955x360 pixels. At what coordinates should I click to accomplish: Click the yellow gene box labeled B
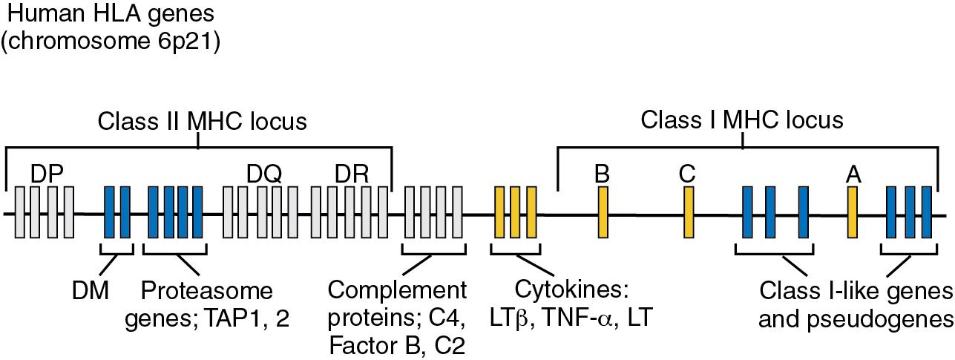(x=603, y=212)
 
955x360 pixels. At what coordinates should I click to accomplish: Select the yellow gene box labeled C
(x=689, y=212)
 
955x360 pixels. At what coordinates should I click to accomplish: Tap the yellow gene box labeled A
(x=853, y=212)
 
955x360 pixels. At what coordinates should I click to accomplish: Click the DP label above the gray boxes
(x=47, y=173)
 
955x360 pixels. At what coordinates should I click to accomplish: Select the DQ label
(x=264, y=173)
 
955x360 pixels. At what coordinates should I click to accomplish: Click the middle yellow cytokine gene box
(x=515, y=212)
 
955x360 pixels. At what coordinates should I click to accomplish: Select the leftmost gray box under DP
(x=20, y=212)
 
